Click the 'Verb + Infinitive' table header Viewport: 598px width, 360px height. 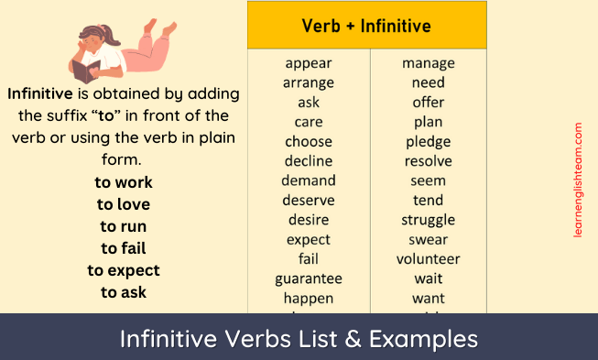(x=366, y=26)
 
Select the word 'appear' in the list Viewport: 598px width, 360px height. (x=309, y=63)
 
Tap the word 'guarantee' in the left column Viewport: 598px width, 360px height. (x=309, y=278)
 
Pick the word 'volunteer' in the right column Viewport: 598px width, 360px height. (x=428, y=259)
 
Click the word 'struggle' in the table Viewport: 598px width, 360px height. (x=428, y=220)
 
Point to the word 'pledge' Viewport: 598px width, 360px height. (x=428, y=142)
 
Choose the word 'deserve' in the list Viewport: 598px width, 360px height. (x=309, y=201)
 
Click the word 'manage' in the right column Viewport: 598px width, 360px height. (x=428, y=63)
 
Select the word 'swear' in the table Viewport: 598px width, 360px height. (x=428, y=240)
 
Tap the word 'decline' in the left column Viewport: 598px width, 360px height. (x=309, y=161)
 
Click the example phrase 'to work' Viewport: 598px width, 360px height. (x=124, y=182)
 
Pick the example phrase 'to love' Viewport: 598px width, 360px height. (x=124, y=204)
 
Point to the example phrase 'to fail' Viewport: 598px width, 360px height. (x=124, y=248)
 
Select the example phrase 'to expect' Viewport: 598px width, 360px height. (x=124, y=270)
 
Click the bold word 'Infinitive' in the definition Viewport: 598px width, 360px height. (x=40, y=94)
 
